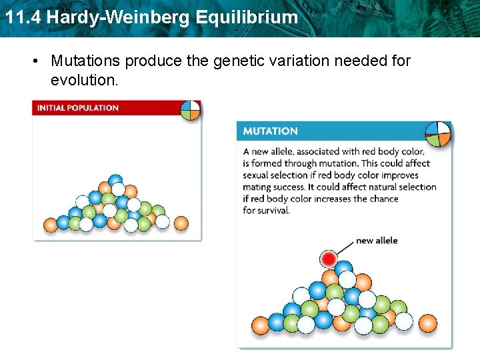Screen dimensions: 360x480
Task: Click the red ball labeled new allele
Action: point(328,258)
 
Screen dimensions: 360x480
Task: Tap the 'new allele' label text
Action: point(377,240)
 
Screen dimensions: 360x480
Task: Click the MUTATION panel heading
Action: point(270,131)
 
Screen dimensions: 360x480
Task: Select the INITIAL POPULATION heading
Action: point(77,108)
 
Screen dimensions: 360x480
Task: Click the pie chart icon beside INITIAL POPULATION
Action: point(191,110)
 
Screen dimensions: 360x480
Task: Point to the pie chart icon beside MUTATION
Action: point(437,133)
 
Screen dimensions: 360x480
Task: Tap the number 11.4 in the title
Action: point(23,17)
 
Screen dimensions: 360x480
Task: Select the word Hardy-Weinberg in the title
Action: point(121,17)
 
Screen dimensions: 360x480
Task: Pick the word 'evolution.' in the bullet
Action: point(84,80)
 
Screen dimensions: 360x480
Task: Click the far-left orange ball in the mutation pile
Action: point(260,325)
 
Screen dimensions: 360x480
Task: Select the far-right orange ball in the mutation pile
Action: point(427,324)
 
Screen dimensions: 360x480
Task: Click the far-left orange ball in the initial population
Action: point(51,224)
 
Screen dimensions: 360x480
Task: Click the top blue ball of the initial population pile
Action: point(116,181)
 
